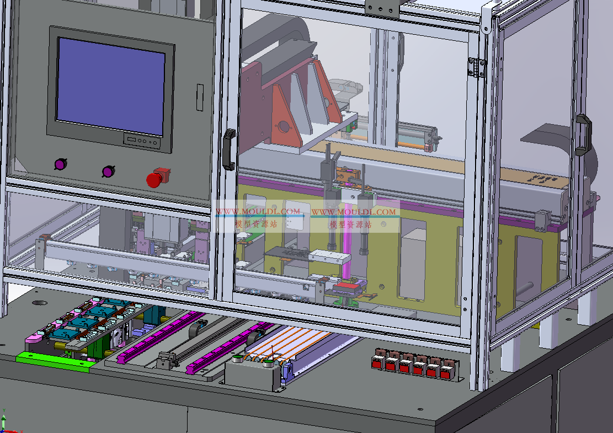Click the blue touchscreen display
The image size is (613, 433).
click(x=111, y=87)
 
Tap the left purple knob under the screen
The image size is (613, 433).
click(x=61, y=164)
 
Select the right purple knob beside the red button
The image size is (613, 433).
click(x=108, y=171)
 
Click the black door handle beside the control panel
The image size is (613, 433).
click(x=228, y=149)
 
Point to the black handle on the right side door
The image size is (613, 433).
click(x=583, y=135)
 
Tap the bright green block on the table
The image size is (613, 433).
click(x=56, y=360)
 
